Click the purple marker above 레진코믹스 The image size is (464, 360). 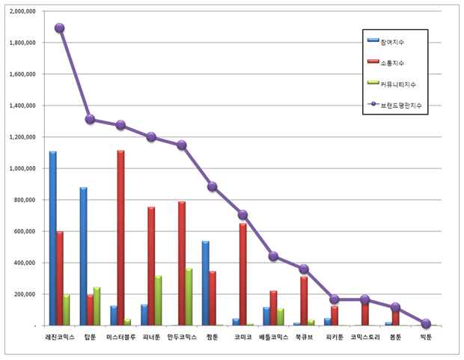point(59,28)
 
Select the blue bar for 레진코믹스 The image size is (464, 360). point(53,238)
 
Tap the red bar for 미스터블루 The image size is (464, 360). point(120,238)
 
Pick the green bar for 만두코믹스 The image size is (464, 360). point(189,297)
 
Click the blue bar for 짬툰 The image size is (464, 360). point(205,284)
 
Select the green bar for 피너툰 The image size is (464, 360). point(158,300)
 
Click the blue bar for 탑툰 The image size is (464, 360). point(84,257)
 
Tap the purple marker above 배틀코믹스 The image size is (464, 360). point(273,256)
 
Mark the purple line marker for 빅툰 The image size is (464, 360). point(426,323)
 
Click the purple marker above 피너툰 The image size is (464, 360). point(151,137)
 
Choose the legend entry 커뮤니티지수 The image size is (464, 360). point(391,84)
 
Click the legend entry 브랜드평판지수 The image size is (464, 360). point(394,105)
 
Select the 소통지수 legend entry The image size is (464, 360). point(385,63)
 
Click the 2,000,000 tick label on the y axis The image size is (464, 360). point(22,11)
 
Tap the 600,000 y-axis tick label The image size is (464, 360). point(24,231)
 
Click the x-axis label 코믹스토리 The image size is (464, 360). point(365,337)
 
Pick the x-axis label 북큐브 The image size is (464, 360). point(304,337)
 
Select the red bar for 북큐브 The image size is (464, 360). point(304,301)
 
